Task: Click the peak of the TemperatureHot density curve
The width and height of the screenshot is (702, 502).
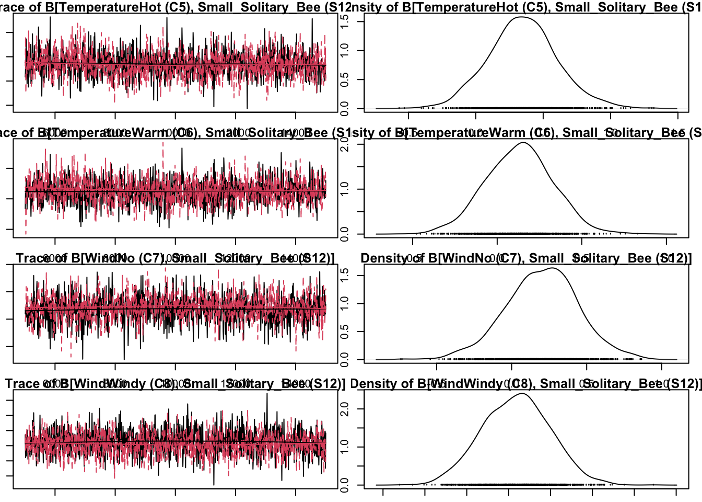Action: click(521, 17)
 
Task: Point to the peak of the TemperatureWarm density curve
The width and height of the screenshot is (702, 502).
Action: click(523, 143)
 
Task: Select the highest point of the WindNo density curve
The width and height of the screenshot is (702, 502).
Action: click(552, 268)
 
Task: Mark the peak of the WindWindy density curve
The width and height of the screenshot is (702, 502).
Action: click(522, 394)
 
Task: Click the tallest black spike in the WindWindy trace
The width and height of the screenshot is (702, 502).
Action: click(267, 394)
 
